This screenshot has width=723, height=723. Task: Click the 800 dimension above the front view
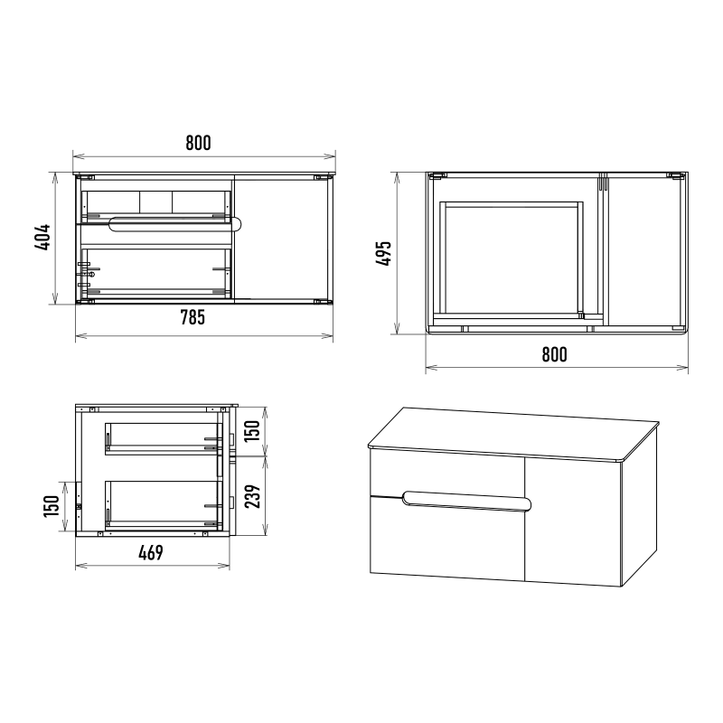[198, 143]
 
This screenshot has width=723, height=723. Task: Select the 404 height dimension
[42, 238]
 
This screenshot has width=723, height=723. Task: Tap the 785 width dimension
[192, 317]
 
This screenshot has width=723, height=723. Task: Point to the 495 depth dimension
[383, 253]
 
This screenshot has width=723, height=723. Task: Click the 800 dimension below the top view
[554, 354]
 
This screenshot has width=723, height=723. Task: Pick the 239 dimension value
[252, 496]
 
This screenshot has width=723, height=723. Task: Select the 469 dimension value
[151, 552]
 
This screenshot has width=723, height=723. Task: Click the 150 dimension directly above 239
[252, 431]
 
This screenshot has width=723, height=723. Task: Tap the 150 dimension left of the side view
[52, 506]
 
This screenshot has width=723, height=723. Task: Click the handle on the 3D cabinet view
[466, 502]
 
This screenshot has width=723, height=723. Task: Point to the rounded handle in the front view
[174, 223]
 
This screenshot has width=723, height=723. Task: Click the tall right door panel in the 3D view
[573, 522]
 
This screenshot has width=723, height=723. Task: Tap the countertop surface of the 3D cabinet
[513, 434]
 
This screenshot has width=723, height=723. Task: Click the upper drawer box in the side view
[164, 438]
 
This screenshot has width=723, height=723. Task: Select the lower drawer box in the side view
[164, 504]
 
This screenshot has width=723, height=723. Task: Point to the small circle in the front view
[92, 275]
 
